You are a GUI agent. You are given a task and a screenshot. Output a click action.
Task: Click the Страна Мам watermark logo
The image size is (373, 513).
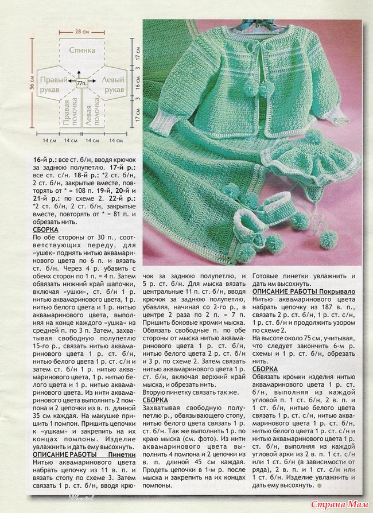(x=339, y=503)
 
